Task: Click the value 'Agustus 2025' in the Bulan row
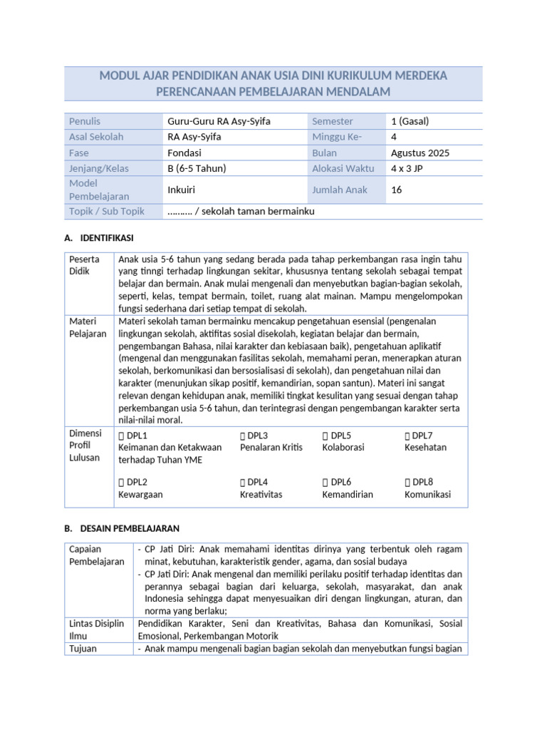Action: [x=420, y=153]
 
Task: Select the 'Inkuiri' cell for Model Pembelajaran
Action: [x=181, y=190]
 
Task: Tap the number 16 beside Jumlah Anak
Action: [x=397, y=190]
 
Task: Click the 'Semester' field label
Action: [x=332, y=121]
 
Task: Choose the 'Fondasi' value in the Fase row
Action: [x=184, y=153]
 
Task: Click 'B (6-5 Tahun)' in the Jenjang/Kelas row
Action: [x=197, y=168]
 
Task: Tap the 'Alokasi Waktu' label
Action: [x=342, y=168]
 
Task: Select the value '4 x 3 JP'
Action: [x=410, y=168]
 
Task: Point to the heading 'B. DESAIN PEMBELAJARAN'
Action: [x=122, y=528]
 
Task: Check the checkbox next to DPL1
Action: [x=122, y=436]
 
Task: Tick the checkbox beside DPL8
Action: [x=408, y=483]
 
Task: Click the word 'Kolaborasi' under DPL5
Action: [x=343, y=448]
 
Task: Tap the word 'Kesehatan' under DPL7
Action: [x=425, y=448]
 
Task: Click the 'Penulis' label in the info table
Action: [x=85, y=121]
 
